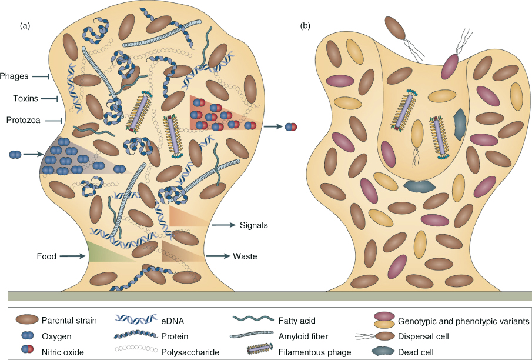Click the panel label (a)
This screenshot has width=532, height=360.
click(x=25, y=25)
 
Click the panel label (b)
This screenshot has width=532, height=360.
click(x=306, y=25)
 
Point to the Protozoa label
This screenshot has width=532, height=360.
click(x=24, y=121)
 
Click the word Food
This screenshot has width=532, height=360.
click(x=46, y=256)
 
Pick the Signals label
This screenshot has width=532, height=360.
click(x=254, y=225)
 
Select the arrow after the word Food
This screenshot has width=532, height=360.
click(x=72, y=256)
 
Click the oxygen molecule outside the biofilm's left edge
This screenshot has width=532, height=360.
click(x=16, y=155)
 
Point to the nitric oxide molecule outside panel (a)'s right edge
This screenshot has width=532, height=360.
click(x=291, y=126)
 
